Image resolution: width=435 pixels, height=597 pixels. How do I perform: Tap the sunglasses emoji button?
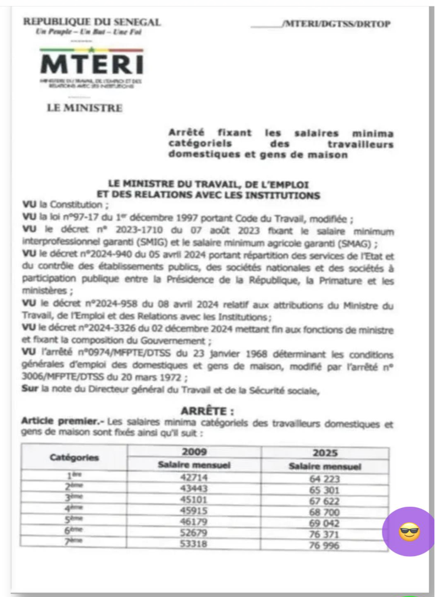click(x=409, y=532)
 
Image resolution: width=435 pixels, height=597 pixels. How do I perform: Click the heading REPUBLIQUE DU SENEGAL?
click(x=92, y=22)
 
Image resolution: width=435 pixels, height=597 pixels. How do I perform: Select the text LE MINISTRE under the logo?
click(x=85, y=108)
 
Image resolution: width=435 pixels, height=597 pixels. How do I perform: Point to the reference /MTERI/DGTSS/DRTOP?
click(x=337, y=24)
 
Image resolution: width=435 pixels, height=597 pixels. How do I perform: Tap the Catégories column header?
click(x=74, y=458)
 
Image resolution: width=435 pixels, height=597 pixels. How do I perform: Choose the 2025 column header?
click(x=324, y=452)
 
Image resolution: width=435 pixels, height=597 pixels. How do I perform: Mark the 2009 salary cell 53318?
click(x=195, y=544)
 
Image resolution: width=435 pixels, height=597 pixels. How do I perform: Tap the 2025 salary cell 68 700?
click(x=324, y=512)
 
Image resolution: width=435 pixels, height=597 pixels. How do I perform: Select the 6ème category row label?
click(x=74, y=533)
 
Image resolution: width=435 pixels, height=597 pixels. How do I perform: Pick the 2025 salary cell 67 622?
click(x=324, y=501)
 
